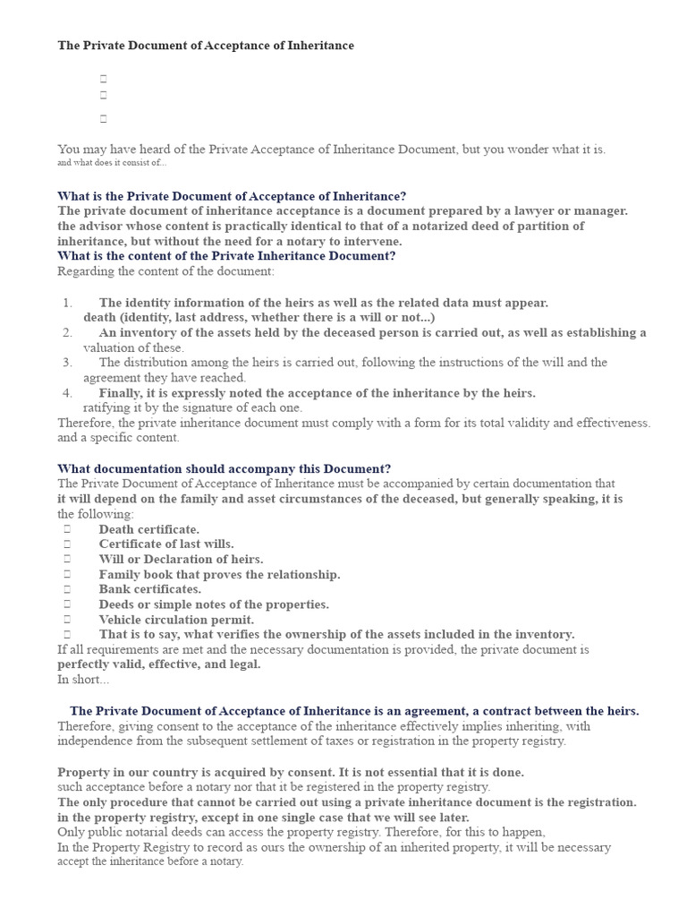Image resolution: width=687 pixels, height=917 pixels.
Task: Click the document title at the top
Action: pyautogui.click(x=206, y=46)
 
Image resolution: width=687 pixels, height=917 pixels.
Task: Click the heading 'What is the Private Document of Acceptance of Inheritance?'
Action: pyautogui.click(x=232, y=196)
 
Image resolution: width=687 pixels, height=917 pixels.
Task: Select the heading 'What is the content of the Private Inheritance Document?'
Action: pyautogui.click(x=226, y=256)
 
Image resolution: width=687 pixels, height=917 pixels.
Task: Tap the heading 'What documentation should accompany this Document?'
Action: pyautogui.click(x=224, y=468)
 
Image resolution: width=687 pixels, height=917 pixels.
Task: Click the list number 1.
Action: pyautogui.click(x=68, y=303)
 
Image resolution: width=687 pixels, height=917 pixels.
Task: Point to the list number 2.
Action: pyautogui.click(x=68, y=332)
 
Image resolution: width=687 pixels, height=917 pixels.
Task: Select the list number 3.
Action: pyautogui.click(x=68, y=363)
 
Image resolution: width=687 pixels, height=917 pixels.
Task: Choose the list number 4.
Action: pyautogui.click(x=68, y=393)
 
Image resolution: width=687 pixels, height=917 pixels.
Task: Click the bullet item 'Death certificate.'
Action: pyautogui.click(x=148, y=529)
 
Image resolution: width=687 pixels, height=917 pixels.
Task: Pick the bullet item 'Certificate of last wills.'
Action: pyautogui.click(x=166, y=544)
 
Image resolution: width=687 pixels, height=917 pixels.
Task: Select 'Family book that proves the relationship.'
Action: pyautogui.click(x=219, y=574)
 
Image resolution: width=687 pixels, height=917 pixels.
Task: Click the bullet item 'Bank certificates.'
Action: pyautogui.click(x=149, y=589)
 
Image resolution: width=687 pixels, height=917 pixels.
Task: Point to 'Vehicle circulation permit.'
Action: pyautogui.click(x=176, y=620)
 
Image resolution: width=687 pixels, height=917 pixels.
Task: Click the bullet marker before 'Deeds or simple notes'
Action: pyautogui.click(x=67, y=604)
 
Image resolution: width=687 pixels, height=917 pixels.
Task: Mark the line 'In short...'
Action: pyautogui.click(x=83, y=680)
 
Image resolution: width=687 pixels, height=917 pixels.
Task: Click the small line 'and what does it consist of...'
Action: pyautogui.click(x=112, y=163)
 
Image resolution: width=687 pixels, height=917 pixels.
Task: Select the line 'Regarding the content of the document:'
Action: pyautogui.click(x=165, y=271)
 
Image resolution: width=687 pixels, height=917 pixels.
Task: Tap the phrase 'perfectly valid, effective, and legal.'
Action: pyautogui.click(x=159, y=664)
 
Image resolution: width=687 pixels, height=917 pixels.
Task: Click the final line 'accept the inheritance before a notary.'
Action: pyautogui.click(x=149, y=861)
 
